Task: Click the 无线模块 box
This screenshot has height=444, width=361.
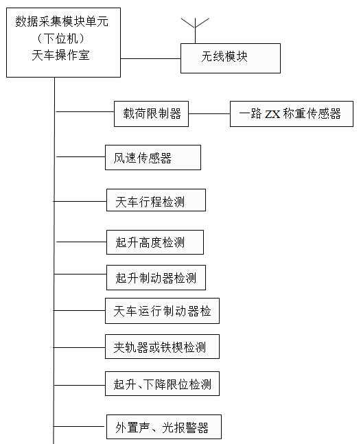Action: pos(231,58)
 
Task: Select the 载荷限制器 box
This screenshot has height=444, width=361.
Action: pos(151,114)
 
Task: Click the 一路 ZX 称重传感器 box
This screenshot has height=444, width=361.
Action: pos(292,114)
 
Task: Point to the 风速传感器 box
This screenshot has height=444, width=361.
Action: pos(153,157)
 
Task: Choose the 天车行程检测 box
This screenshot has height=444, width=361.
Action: pos(156,200)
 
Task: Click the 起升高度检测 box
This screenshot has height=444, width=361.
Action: pos(155,242)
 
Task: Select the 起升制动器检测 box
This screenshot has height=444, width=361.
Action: pos(156,277)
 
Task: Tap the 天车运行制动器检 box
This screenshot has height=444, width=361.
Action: pos(162,311)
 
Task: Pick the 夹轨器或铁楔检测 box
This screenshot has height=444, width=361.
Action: pos(162,347)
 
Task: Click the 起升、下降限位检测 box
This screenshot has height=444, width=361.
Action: pos(162,384)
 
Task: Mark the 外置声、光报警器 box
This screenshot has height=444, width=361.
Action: pos(164,427)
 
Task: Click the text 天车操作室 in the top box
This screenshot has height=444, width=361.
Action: pos(60,55)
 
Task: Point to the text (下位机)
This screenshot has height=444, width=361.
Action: pos(60,38)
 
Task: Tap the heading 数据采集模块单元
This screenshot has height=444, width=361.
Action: pos(62,21)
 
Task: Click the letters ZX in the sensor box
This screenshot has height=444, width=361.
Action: pos(272,114)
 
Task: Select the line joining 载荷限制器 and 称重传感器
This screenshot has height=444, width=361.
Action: pos(209,114)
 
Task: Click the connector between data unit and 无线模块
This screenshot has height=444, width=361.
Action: pos(150,58)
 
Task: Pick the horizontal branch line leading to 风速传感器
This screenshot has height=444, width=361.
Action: pos(81,156)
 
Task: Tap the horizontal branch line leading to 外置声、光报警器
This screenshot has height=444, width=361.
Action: pos(79,426)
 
